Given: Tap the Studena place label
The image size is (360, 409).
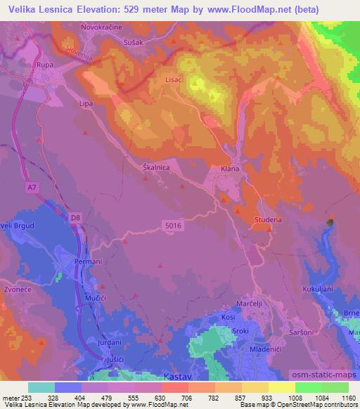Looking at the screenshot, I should point(267,220).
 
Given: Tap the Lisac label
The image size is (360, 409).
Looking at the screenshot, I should point(174,80).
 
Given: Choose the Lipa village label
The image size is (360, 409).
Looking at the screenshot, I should point(86,104).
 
